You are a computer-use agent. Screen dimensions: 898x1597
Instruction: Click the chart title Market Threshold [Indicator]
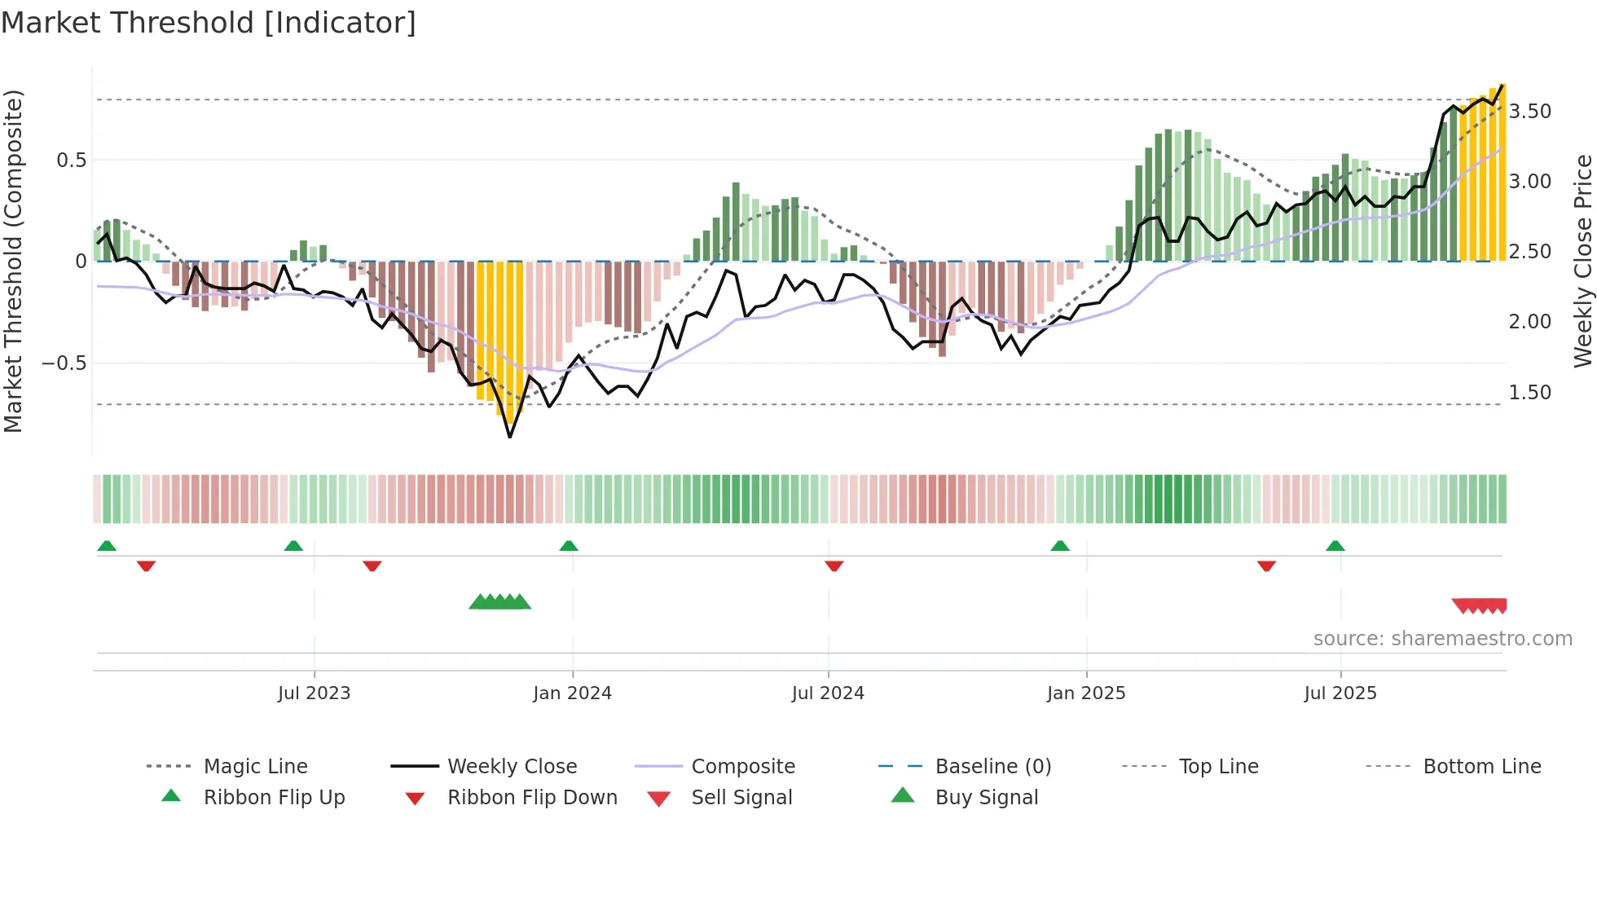(x=209, y=23)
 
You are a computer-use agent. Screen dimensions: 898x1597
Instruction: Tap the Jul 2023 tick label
(x=314, y=693)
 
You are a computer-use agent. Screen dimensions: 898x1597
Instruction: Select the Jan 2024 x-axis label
(x=572, y=693)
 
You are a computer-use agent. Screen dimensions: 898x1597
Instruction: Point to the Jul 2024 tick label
(x=828, y=693)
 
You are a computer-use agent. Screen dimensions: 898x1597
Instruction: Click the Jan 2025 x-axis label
(x=1086, y=693)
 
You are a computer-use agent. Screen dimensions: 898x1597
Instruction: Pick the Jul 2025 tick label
(x=1340, y=693)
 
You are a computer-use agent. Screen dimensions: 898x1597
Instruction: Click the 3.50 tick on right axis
(x=1529, y=112)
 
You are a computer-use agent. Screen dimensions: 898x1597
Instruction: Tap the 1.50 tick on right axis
(x=1529, y=393)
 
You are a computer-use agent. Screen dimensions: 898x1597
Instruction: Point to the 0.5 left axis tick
(x=72, y=161)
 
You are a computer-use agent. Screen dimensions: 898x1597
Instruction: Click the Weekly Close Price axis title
(x=1582, y=261)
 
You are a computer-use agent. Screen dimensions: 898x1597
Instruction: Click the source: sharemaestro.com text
(x=1442, y=639)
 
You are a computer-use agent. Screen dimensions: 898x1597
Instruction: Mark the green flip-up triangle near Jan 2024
(x=569, y=546)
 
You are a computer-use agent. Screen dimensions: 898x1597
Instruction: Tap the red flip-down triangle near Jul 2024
(x=834, y=566)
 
